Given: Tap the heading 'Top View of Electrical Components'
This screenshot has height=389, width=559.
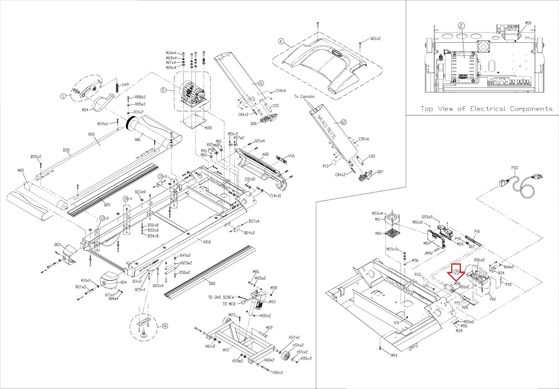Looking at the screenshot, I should (x=486, y=109).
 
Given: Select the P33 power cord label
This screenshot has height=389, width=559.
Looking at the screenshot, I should (x=514, y=168).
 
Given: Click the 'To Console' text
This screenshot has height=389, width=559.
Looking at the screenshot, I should (x=304, y=97).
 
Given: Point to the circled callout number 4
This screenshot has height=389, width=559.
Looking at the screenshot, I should (x=281, y=41).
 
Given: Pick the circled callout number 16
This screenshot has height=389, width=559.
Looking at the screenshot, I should (x=165, y=326).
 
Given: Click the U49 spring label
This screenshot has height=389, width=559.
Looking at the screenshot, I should (x=125, y=85).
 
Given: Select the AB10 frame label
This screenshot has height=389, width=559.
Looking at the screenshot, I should (x=207, y=242).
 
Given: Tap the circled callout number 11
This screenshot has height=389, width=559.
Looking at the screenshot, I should (x=261, y=83).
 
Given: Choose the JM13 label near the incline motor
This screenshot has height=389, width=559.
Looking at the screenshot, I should (x=272, y=302).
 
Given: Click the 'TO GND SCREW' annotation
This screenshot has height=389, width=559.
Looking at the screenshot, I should (x=221, y=297).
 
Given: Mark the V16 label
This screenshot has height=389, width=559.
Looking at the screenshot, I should (x=291, y=156).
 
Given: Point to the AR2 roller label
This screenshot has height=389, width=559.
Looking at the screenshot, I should (x=20, y=170).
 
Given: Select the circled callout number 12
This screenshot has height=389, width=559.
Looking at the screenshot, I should (x=343, y=122).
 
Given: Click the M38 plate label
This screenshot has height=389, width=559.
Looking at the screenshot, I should (x=208, y=128).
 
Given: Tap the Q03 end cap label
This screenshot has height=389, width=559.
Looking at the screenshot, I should (x=57, y=245).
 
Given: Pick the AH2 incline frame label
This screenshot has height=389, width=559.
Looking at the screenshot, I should (x=226, y=350).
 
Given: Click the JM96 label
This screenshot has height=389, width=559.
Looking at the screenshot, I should (x=428, y=254).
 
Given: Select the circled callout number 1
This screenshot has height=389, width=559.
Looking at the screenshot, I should (x=63, y=96).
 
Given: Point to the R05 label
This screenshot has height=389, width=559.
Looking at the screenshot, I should (x=91, y=134).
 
